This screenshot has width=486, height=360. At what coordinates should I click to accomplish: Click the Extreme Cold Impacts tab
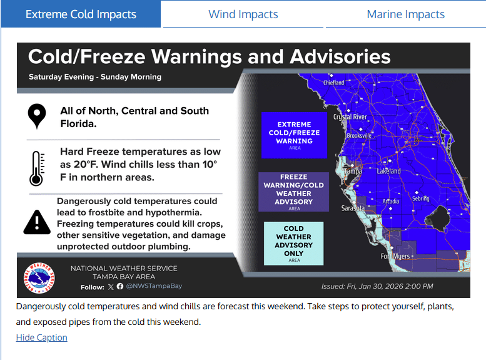(81, 14)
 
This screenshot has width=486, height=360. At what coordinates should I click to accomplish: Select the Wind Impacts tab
(243, 14)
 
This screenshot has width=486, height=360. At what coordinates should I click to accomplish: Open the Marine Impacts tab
(405, 14)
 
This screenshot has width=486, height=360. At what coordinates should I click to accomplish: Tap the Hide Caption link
(41, 337)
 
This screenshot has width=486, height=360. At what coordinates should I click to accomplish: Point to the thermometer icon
(36, 167)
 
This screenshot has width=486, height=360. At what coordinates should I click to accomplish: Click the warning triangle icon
(37, 222)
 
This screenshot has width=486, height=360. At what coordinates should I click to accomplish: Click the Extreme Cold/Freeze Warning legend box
(294, 132)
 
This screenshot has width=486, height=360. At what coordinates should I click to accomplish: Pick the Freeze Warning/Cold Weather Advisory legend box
(294, 192)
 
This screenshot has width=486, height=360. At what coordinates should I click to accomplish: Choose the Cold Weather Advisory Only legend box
(294, 243)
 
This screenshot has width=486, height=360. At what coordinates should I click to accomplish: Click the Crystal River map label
(350, 117)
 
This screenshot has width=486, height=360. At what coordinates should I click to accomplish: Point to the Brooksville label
(359, 135)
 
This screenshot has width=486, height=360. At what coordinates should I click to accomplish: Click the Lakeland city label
(388, 171)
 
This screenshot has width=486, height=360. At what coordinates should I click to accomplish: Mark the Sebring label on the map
(420, 198)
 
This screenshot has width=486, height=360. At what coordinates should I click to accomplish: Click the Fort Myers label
(395, 256)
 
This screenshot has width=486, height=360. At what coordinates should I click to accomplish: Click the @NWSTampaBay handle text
(154, 286)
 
